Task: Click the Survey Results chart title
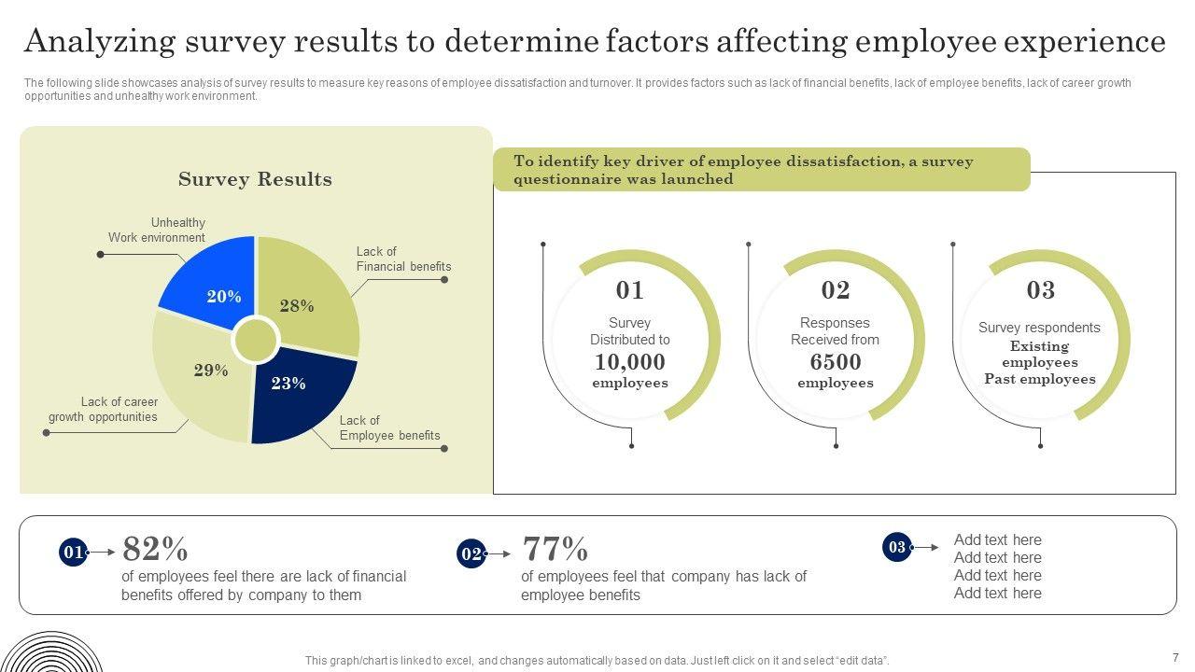pos(255,179)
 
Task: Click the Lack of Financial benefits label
pos(403,259)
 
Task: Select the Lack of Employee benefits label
pos(389,427)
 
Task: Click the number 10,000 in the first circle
pos(630,362)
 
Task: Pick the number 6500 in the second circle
pos(836,362)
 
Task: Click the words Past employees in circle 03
pos(1040,379)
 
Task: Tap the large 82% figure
pos(155,548)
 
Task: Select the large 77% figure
pos(555,548)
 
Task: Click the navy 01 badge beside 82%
pos(73,553)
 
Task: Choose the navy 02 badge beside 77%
pos(471,554)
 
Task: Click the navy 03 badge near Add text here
pos(896,547)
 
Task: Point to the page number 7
pos(1175,657)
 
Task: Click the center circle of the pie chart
pos(255,340)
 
